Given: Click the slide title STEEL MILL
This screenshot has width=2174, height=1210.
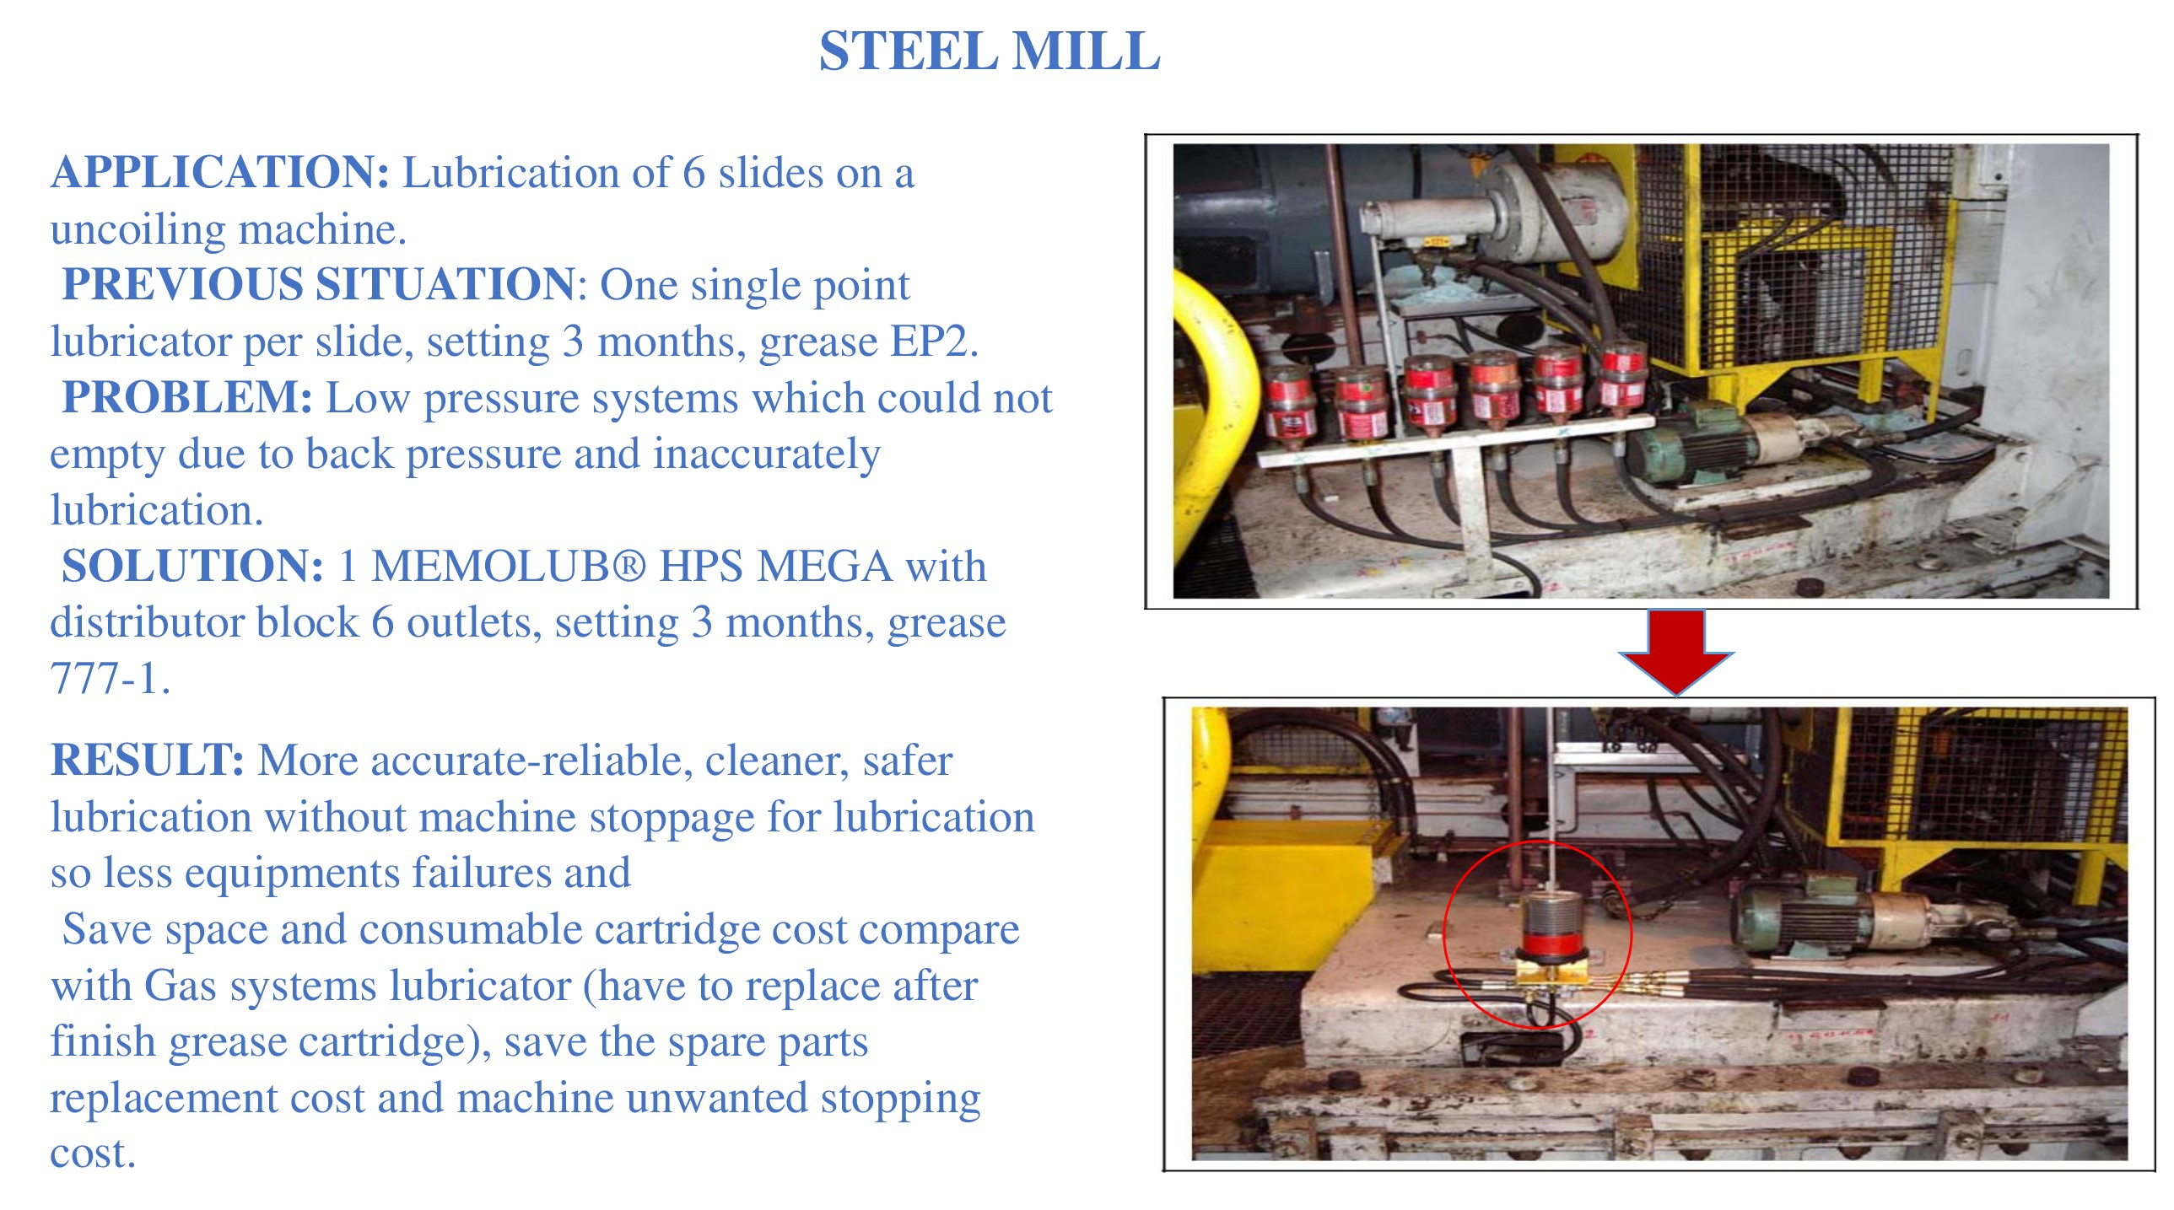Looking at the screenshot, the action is pos(989,51).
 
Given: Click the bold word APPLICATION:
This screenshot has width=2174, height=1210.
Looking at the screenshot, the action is pos(219,173).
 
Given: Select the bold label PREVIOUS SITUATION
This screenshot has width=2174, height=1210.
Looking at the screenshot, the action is pos(319,284).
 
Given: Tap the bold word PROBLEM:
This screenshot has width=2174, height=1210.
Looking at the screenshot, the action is pos(186,397).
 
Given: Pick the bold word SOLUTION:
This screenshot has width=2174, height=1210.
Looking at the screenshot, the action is pos(192,565).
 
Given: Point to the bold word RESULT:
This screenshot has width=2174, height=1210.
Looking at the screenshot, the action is pos(148,761).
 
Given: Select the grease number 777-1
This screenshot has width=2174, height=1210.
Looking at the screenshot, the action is pos(111,678).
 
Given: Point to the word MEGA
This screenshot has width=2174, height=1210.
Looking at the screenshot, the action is pos(823,566).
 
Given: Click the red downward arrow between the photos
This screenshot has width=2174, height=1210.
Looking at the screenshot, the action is pos(1675,652).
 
